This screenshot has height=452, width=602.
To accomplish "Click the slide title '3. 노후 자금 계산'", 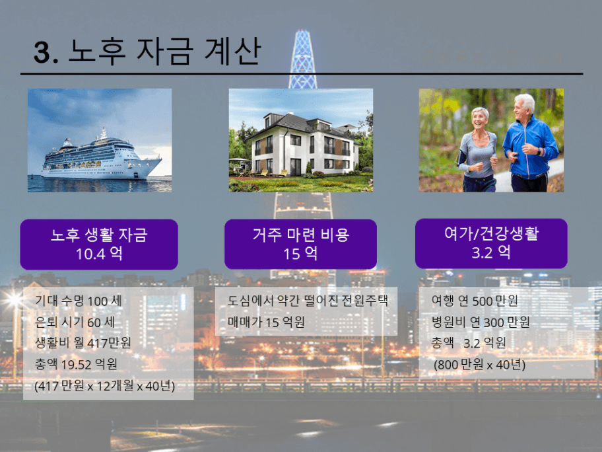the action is point(148,51).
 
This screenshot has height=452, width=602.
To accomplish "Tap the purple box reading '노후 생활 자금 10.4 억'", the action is point(99,245).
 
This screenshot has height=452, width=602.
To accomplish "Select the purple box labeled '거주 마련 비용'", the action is point(300,245).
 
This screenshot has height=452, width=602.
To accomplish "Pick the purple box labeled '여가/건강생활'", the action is point(491,243).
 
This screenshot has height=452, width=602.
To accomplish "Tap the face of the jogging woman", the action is point(479,119).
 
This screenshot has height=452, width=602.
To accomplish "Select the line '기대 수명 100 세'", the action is point(79,301).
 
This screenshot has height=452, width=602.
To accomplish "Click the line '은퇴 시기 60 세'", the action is point(75,322).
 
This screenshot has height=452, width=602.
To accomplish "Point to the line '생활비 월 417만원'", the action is point(83,342).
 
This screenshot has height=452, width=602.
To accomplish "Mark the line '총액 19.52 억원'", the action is point(76,363).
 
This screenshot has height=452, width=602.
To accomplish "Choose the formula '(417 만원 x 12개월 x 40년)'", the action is point(104,385).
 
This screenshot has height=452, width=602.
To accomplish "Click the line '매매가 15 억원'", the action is point(266,321).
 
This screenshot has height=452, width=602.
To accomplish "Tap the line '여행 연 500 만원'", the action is point(475,301).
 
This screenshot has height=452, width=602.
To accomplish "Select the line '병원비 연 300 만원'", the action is point(481,322).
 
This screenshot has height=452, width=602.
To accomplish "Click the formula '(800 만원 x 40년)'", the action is point(479,364).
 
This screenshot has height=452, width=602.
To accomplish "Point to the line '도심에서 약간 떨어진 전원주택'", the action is point(308,300).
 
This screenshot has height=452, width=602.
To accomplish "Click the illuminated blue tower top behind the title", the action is point(302,57).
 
